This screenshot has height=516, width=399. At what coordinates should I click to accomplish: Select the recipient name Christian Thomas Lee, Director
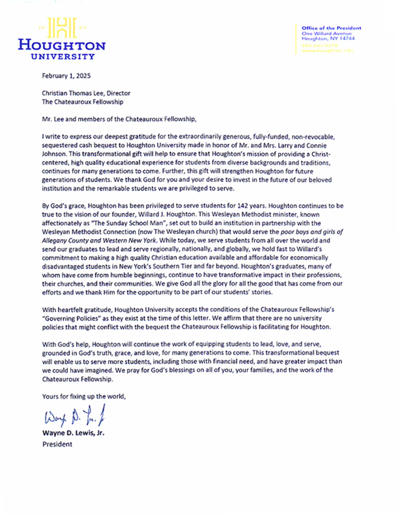86,94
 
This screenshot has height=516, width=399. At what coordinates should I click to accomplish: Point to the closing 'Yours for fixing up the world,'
84,397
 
